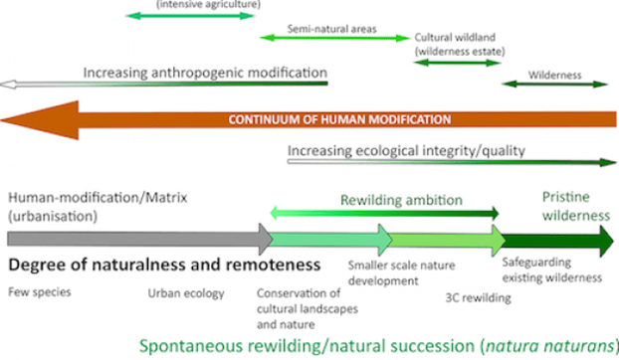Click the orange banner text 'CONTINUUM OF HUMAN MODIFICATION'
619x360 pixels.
339,119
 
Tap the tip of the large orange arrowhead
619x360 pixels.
1,120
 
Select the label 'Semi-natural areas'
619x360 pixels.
331,29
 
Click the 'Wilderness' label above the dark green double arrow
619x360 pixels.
554,75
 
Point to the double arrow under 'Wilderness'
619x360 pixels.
554,84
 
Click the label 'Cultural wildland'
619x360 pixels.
455,38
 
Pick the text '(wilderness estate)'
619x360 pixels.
460,52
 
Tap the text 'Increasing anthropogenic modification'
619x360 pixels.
205,73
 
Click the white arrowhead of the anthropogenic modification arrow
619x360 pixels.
8,85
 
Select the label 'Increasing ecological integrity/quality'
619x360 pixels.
406,150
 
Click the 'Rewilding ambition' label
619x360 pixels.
401,200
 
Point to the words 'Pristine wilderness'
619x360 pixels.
576,206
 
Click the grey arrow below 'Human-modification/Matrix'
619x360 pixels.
140,239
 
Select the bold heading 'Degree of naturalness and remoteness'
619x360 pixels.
164,265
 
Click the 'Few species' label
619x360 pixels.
40,292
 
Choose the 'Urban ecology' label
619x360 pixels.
186,293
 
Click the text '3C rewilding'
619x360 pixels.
478,297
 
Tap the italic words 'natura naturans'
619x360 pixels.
549,346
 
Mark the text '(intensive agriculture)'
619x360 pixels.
208,4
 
